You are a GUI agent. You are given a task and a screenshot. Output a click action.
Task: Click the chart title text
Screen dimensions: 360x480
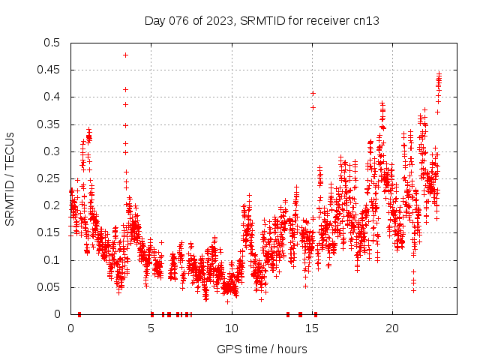pos(262,20)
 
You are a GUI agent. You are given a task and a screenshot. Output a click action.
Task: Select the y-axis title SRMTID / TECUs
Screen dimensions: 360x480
pos(10,178)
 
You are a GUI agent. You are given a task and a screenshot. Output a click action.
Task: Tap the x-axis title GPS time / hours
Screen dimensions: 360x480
pos(262,349)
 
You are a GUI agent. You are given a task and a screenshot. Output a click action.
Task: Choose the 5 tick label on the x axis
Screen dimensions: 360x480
pos(151,328)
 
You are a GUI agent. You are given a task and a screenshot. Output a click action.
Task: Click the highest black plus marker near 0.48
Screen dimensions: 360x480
pos(125,55)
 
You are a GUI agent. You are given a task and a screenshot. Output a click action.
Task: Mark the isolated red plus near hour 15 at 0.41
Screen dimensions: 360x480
pos(313,93)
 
